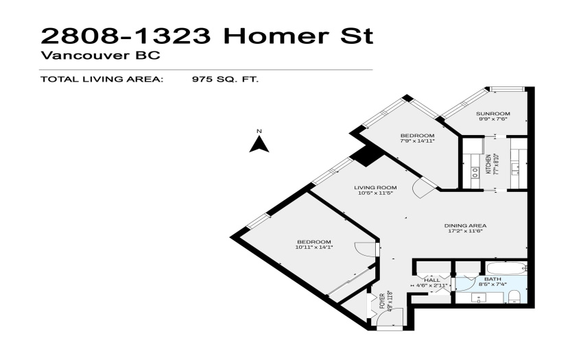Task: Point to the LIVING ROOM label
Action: click(x=375, y=187)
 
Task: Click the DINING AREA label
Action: click(x=465, y=226)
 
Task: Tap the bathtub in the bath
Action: click(x=506, y=268)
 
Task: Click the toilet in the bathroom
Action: click(x=514, y=297)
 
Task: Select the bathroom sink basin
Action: click(x=479, y=298)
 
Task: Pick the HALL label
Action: click(x=431, y=280)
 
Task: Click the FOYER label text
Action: click(x=382, y=301)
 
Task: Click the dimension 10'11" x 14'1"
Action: click(x=314, y=247)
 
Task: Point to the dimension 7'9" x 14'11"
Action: click(x=417, y=141)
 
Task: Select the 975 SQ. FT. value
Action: click(x=225, y=80)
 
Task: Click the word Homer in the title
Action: click(x=276, y=36)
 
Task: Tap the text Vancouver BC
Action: click(x=100, y=56)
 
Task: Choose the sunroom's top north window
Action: click(x=507, y=89)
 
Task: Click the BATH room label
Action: click(x=492, y=279)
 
